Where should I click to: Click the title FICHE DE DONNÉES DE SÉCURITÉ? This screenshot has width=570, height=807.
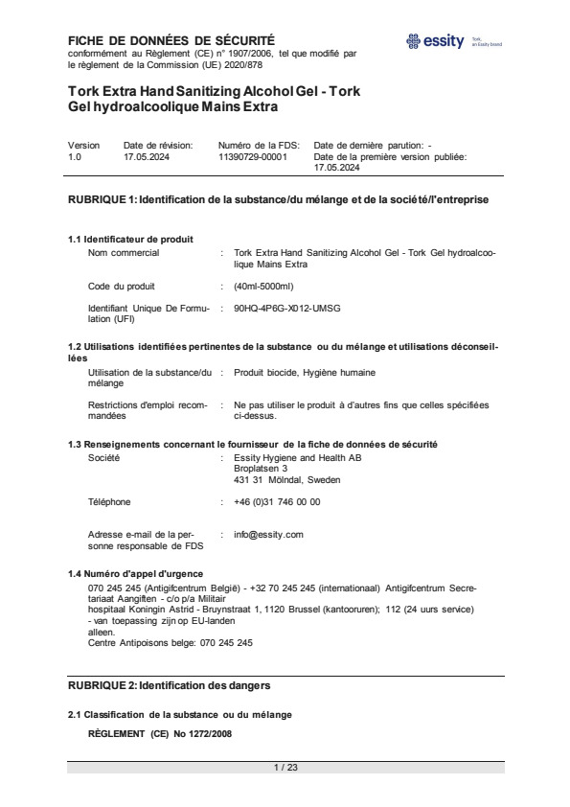point(171,40)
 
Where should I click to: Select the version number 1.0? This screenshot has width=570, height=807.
point(75,155)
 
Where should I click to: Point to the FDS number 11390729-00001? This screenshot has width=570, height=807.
point(253,155)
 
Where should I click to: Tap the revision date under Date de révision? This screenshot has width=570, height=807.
point(147,155)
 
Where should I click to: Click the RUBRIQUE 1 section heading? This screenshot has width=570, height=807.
point(278,200)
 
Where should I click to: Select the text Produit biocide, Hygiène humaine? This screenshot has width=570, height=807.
point(305,372)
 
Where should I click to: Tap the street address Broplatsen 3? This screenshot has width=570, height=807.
point(261,469)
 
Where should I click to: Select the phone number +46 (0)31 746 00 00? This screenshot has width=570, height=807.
point(277,501)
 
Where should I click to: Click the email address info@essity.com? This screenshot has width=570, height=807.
point(268,534)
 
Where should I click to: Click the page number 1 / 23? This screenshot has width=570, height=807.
point(285,767)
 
